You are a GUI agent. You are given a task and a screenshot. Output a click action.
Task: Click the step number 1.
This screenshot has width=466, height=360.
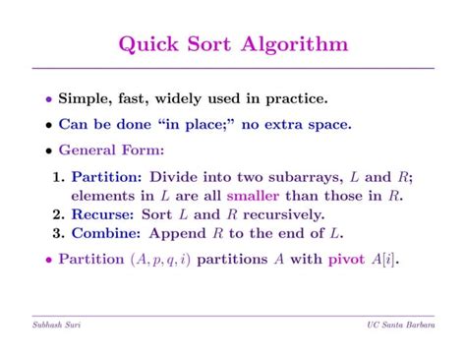point(58,177)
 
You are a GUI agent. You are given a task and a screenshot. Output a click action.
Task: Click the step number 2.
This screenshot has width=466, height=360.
point(58,213)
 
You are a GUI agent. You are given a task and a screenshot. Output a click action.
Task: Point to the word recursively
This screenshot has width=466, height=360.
point(282,213)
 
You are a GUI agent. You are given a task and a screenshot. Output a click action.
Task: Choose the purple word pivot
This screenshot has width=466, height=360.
point(345,261)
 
